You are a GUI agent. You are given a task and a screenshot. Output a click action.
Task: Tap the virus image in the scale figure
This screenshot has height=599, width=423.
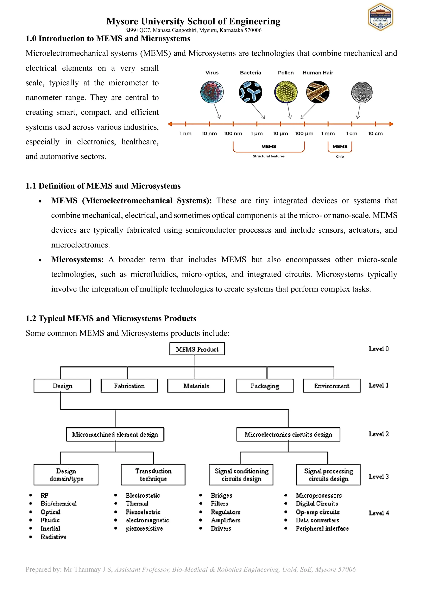coord(212,92)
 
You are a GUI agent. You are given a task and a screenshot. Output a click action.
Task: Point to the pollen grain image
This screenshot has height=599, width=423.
coord(286,92)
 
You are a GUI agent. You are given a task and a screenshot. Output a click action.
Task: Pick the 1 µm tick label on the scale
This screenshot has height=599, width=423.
coord(257,134)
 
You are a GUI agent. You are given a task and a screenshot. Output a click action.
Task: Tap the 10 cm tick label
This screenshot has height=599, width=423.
coord(375,134)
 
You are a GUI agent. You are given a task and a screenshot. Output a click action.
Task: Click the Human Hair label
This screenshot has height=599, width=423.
coord(318,73)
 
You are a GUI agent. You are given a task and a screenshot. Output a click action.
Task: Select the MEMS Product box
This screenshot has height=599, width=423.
coord(197,349)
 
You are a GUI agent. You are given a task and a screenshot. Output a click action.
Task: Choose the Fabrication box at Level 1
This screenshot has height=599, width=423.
coord(129,386)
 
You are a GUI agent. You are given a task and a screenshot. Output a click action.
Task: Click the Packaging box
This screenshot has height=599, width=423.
coord(265,386)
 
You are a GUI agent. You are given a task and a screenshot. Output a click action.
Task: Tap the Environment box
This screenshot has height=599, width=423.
coord(332,386)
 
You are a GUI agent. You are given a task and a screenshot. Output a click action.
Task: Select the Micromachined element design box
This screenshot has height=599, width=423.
coord(115,434)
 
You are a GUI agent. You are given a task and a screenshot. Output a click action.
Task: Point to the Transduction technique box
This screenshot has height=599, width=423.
coord(153,475)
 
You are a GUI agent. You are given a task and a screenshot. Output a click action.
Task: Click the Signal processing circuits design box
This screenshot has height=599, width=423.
coord(328,475)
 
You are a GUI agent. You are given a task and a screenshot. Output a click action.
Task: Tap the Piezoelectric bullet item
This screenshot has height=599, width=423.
coord(143,512)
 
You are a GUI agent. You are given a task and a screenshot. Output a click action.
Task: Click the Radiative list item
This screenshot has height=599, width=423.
coord(53,537)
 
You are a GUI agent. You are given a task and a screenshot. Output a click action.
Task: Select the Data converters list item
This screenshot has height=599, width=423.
coord(317,520)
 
